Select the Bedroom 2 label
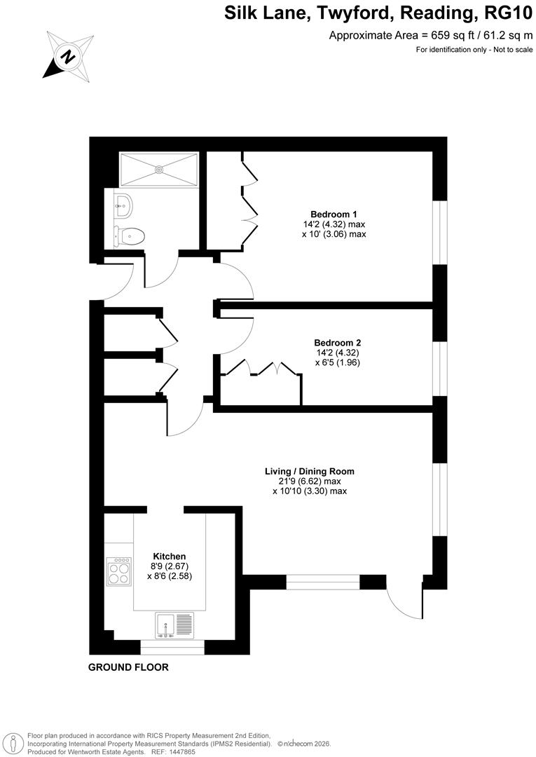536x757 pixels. (x=337, y=343)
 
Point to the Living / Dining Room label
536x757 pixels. (x=309, y=472)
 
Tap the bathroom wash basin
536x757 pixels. (x=123, y=205)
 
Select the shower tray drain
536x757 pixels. (x=159, y=169)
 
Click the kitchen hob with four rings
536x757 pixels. (x=118, y=571)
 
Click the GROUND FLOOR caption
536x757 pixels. (x=128, y=667)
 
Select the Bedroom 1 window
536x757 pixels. (x=439, y=233)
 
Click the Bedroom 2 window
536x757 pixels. (x=439, y=369)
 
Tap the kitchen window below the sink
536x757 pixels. (x=172, y=647)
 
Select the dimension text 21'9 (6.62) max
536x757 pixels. (x=309, y=482)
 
